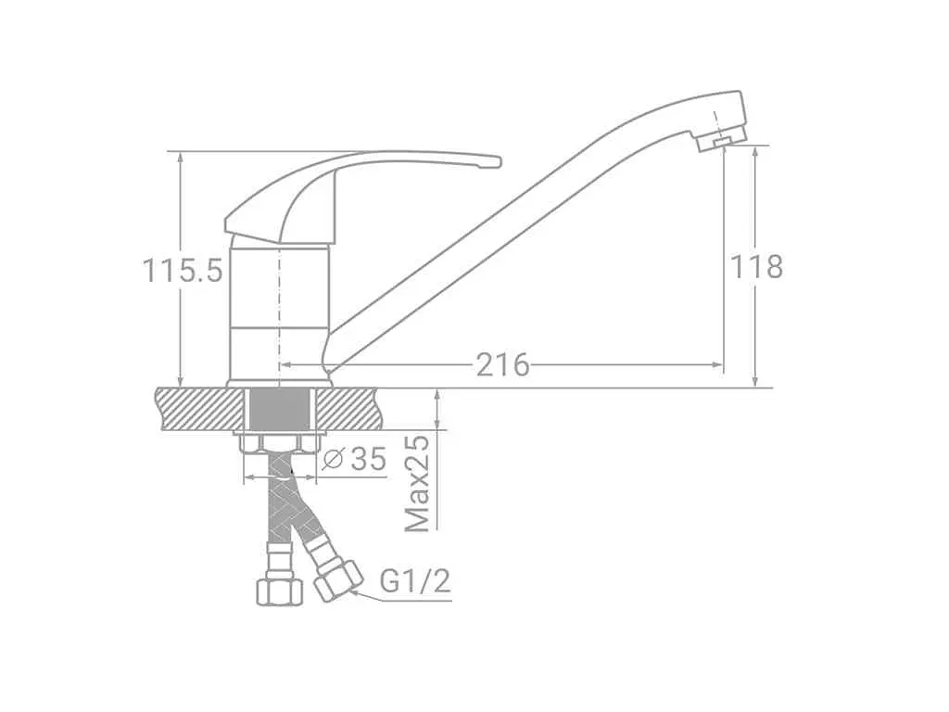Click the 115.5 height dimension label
click(x=183, y=271)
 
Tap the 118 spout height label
click(x=756, y=266)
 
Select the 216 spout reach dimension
click(x=501, y=364)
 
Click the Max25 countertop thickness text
click(x=418, y=483)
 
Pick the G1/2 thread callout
click(x=415, y=582)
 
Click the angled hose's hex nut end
click(x=338, y=580)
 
